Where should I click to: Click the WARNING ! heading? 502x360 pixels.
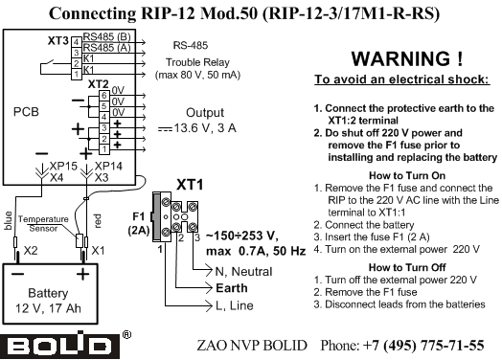pos(407,58)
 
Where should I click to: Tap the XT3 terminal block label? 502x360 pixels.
pos(57,40)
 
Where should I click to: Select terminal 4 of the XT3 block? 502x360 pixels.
pos(77,42)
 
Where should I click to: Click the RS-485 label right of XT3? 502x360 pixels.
pos(191,45)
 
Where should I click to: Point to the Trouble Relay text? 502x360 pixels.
pos(197,62)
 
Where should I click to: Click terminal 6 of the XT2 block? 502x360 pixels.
pos(103,96)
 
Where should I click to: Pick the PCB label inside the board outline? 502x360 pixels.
pos(26,112)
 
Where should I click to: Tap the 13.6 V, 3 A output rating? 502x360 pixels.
pos(205,128)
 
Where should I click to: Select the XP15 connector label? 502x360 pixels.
pos(63,166)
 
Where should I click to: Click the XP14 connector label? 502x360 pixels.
pos(108,166)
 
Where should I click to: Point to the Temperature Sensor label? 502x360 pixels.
pos(43,224)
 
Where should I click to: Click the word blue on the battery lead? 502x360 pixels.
pos(8,220)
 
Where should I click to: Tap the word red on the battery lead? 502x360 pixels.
pos(98,221)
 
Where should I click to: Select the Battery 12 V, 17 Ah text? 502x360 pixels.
pos(48,301)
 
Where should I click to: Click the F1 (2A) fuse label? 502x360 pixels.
pos(138,223)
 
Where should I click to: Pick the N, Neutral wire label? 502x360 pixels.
pos(243,271)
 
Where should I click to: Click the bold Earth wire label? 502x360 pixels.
pos(232,288)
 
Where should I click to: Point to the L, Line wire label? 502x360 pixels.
pos(235,305)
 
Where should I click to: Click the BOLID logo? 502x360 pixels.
pos(59,345)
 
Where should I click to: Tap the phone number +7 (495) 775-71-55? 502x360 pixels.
pos(423,346)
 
